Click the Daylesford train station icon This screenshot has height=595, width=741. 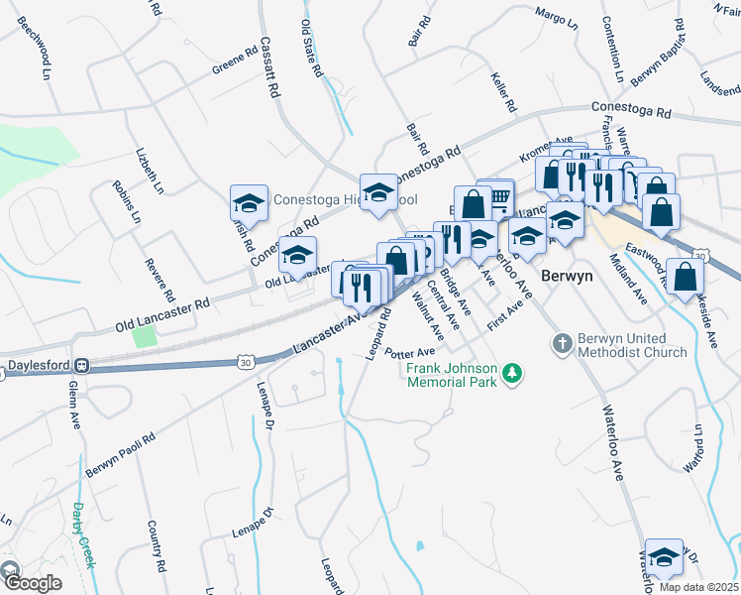[85, 365]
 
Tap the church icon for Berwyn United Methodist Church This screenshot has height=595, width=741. [562, 342]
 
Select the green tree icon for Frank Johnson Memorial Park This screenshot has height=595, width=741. [512, 373]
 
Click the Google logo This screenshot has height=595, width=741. [32, 582]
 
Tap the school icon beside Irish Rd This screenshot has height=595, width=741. [249, 204]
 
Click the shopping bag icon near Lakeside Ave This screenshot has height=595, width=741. [685, 278]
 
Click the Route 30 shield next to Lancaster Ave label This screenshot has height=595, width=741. [245, 363]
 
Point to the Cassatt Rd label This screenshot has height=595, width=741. [267, 67]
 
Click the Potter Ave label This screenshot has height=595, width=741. [411, 353]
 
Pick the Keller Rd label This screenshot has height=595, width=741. [503, 91]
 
